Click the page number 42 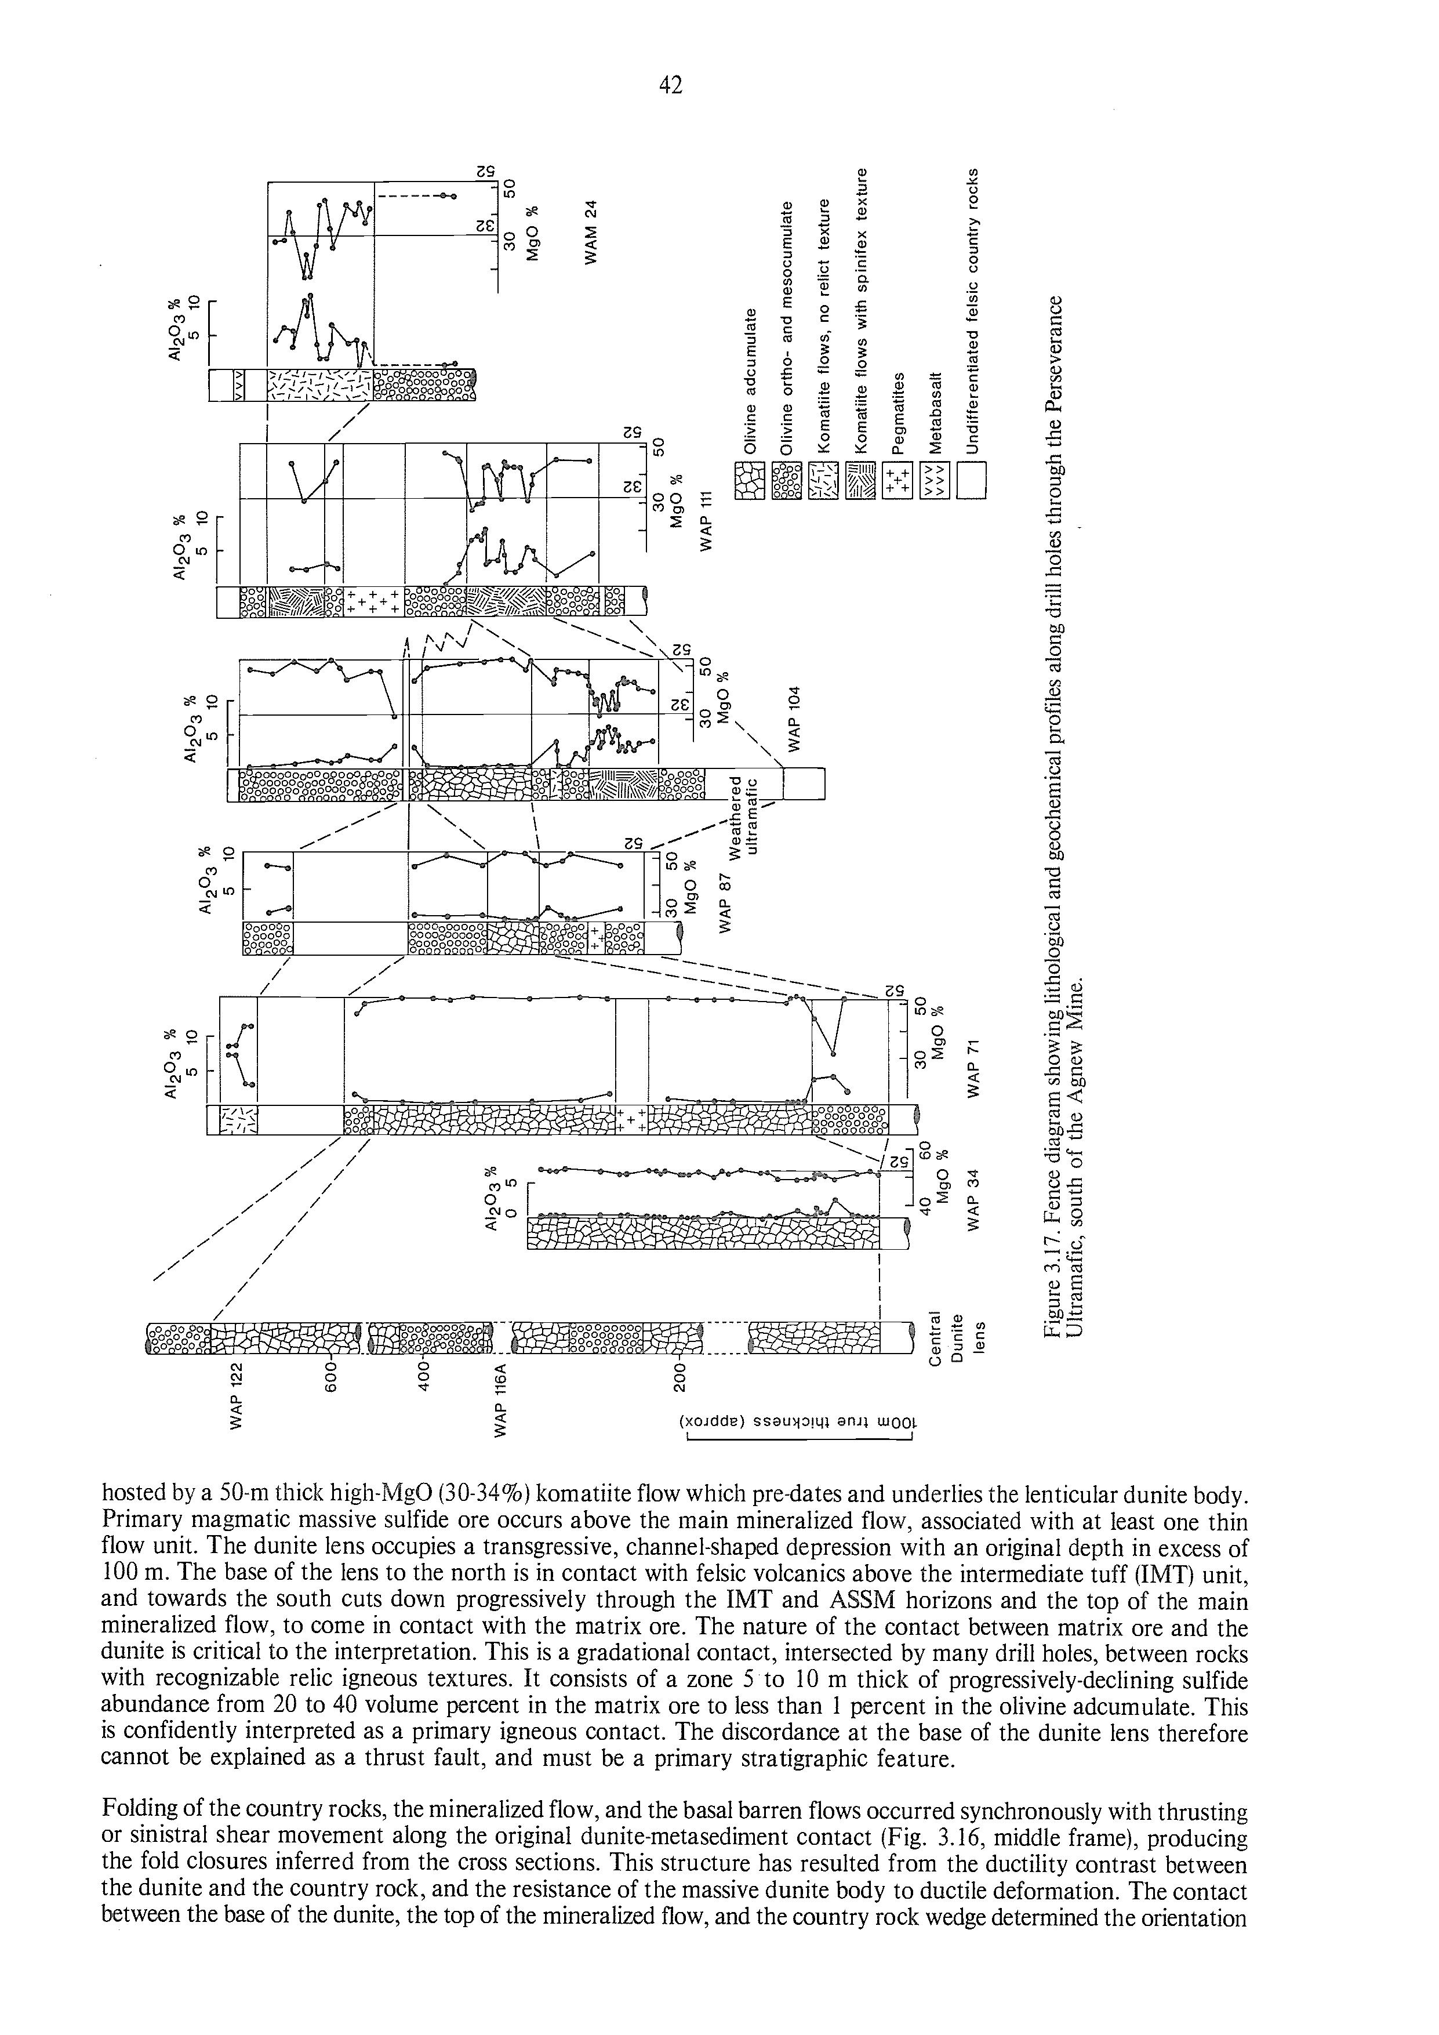(671, 85)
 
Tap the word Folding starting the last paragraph (136, 1802)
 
